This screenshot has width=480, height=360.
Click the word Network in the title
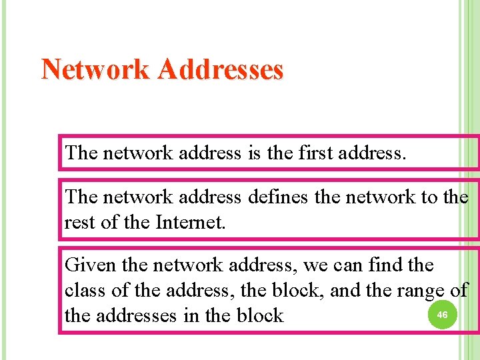click(95, 69)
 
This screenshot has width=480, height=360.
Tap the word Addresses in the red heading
click(220, 69)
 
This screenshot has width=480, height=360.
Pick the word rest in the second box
click(79, 221)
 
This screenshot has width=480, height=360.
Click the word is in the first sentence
click(254, 153)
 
